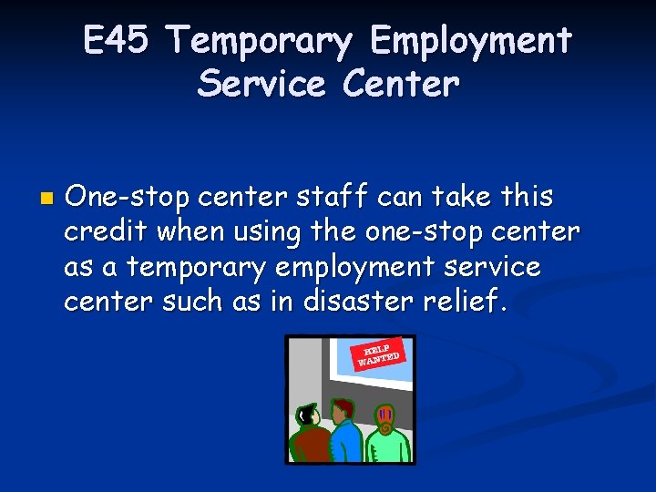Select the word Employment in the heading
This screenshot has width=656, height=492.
tap(471, 42)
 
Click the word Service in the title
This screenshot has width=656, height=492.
tap(261, 84)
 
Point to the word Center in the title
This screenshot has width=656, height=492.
tap(402, 84)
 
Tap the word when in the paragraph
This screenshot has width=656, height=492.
tap(187, 231)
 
